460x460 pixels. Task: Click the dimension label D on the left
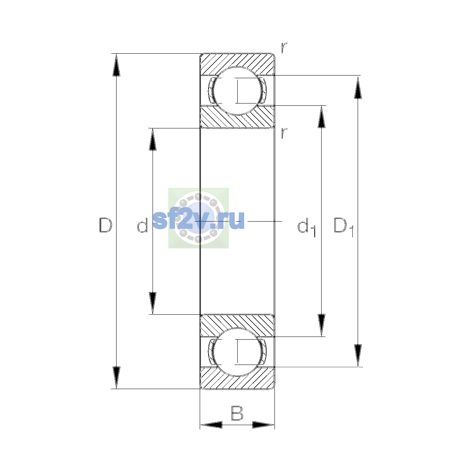point(105,225)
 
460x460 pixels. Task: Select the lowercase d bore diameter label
point(142,225)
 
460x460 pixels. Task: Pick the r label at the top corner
point(284,48)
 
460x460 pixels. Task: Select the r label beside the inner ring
point(284,133)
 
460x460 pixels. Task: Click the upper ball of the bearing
point(237,91)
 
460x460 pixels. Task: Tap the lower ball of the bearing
point(237,352)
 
